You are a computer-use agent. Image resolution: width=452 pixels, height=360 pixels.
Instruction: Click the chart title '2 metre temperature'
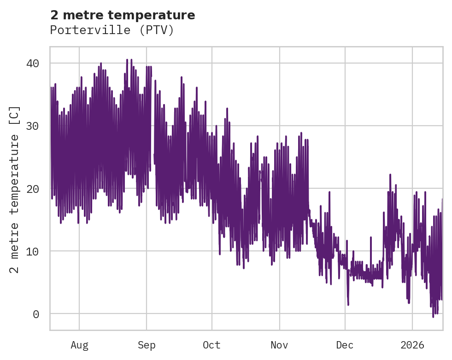123,15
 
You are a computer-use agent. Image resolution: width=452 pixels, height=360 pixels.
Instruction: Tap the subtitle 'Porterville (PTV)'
112,30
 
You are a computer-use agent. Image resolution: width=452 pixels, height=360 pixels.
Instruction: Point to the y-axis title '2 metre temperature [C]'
15,189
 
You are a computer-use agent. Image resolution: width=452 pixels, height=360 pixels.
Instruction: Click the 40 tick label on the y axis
32,63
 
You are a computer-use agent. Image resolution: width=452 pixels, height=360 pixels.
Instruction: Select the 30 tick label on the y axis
32,126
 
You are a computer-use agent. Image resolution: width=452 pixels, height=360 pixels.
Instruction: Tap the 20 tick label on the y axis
32,188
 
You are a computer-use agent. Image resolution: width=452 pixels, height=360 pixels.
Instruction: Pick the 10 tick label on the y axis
32,251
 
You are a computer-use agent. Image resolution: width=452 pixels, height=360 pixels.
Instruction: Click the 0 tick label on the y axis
35,314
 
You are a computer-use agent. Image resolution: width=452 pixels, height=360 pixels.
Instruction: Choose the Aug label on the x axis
79,345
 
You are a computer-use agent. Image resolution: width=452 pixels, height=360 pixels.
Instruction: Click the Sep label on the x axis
147,345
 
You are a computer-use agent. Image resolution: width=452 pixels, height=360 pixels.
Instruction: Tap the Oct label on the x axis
211,345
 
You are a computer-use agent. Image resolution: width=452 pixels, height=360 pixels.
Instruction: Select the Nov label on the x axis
279,345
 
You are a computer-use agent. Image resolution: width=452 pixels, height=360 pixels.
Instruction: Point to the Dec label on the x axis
345,345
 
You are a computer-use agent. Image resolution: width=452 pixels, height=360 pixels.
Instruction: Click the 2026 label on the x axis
412,345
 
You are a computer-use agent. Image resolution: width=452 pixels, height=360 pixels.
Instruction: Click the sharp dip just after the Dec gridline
348,304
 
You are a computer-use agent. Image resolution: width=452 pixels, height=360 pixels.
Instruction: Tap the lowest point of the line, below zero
433,317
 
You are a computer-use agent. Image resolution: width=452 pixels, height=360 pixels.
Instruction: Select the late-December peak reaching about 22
390,175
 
